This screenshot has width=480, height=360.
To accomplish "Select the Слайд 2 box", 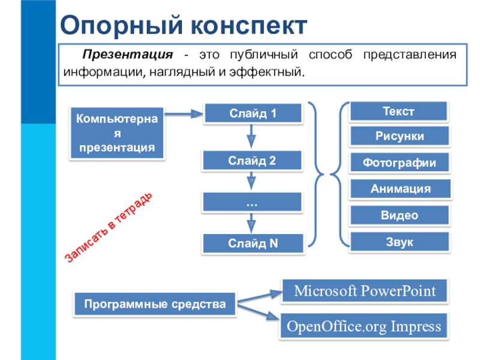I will pyautogui.click(x=252, y=160).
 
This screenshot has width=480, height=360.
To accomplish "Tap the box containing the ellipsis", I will pyautogui.click(x=252, y=202).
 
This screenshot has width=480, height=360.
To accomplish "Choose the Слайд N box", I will pyautogui.click(x=252, y=243).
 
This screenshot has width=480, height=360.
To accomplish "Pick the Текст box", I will pyautogui.click(x=399, y=112).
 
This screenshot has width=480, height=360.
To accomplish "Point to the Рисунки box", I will pyautogui.click(x=399, y=137).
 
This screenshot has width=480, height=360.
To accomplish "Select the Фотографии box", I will pyautogui.click(x=399, y=163).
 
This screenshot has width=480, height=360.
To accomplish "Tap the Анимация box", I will pyautogui.click(x=399, y=189).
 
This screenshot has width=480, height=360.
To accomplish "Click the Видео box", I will pyautogui.click(x=399, y=215).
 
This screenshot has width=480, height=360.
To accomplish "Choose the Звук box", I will pyautogui.click(x=399, y=242).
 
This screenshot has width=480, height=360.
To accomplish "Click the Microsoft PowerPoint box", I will pyautogui.click(x=364, y=292).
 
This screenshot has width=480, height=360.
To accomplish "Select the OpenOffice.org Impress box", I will pyautogui.click(x=364, y=327).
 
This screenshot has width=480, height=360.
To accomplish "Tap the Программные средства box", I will pyautogui.click(x=155, y=305).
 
